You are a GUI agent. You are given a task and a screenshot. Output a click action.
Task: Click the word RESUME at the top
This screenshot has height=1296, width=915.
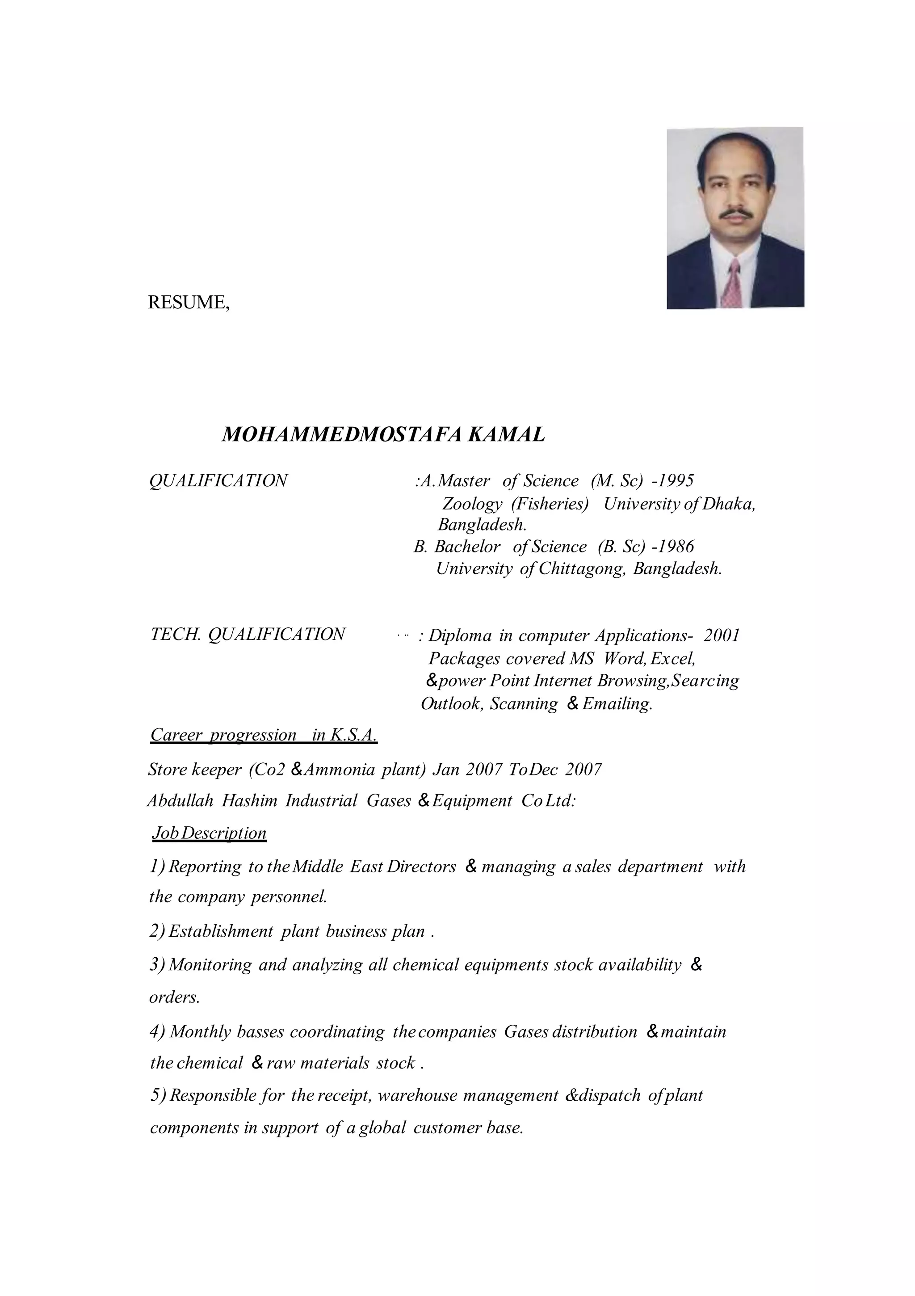click(x=187, y=303)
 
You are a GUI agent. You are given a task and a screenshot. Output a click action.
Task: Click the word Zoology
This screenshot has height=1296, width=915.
click(x=472, y=504)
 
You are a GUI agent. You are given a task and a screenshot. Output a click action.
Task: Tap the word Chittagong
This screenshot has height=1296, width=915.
click(x=582, y=568)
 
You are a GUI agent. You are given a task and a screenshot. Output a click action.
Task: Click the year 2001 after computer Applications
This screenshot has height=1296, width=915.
click(x=722, y=635)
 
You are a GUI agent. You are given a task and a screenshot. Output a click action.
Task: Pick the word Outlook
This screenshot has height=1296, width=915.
click(x=452, y=704)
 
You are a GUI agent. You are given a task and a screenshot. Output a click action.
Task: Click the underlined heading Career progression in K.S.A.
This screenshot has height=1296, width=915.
click(x=264, y=735)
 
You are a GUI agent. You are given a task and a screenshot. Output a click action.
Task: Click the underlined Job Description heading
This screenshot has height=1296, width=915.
click(x=209, y=833)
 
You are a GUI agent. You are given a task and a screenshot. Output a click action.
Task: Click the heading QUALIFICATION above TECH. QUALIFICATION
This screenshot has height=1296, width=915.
click(x=218, y=481)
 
